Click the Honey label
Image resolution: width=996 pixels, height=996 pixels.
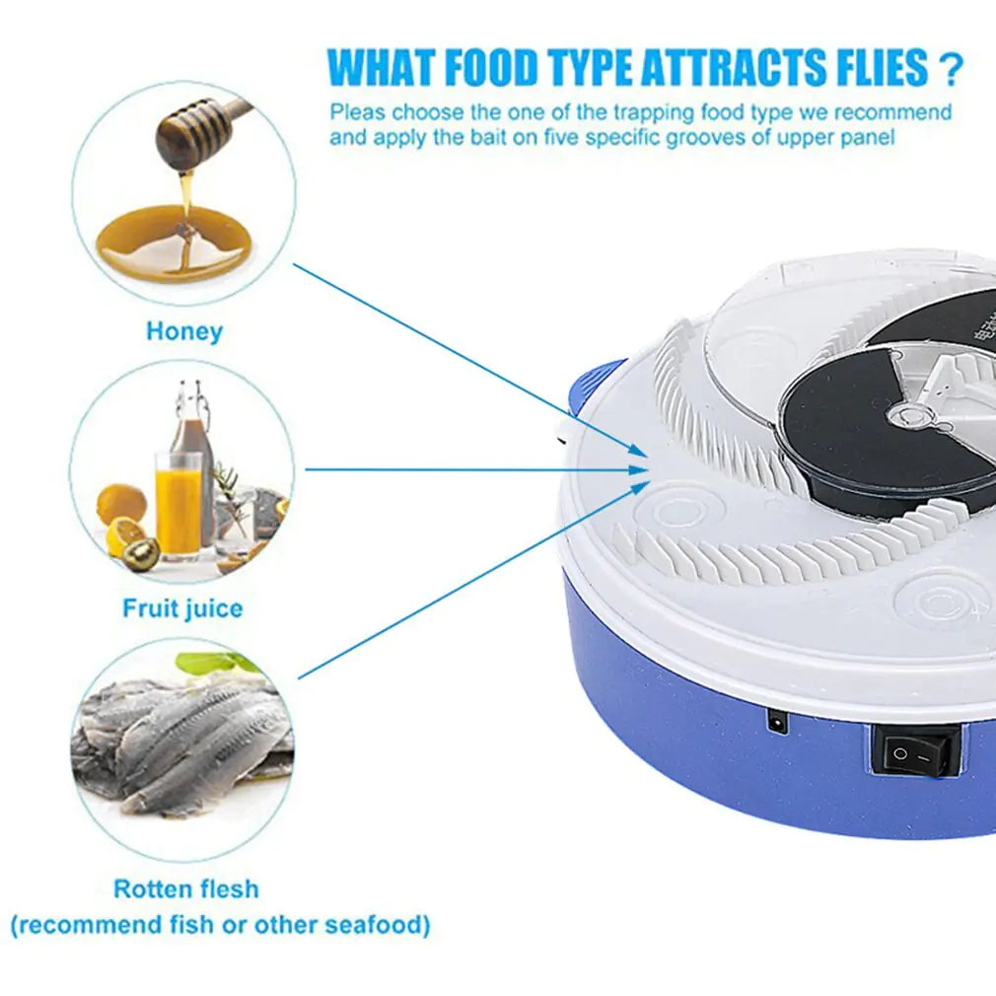[184, 331]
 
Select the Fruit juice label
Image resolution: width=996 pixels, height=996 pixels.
[182, 608]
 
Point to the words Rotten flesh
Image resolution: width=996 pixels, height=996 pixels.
[186, 889]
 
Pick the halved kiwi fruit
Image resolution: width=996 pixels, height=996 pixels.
[141, 553]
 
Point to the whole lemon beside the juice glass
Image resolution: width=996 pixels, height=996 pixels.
[121, 504]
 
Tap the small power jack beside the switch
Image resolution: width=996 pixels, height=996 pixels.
[777, 724]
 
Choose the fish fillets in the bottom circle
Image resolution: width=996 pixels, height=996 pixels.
[182, 745]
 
